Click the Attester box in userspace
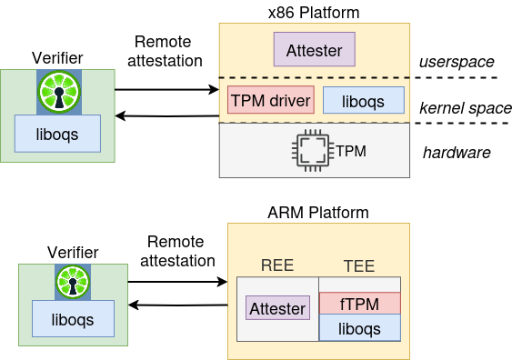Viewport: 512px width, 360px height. point(314,49)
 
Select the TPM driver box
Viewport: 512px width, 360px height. point(271,100)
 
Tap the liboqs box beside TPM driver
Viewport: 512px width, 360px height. point(364,100)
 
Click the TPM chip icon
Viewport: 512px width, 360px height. point(312,150)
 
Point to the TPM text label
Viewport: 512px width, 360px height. point(351,150)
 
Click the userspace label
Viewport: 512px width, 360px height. point(456,62)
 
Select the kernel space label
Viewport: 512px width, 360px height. point(465,108)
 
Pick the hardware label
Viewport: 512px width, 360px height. point(457,152)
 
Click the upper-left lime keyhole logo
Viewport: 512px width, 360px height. point(59,92)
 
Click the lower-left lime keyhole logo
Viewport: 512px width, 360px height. point(73,281)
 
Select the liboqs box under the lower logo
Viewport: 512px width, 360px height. point(73,319)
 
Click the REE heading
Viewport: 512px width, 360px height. point(277,265)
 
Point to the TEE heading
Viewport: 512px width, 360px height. point(359,265)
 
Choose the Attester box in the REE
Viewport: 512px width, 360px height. point(277,308)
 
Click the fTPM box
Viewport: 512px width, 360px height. point(360,304)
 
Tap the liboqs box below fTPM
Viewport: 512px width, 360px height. point(360,328)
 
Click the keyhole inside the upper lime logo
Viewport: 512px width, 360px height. point(59,96)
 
